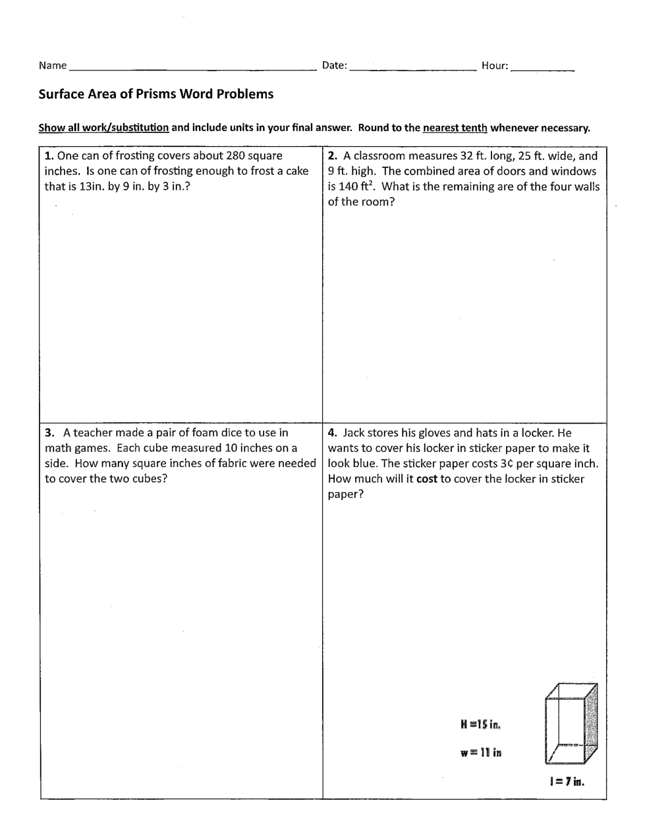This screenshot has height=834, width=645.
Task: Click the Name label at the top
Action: [53, 65]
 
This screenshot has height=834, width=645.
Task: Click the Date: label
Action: [334, 65]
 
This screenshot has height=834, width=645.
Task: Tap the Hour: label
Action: [495, 65]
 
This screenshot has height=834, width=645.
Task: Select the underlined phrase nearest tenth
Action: [455, 128]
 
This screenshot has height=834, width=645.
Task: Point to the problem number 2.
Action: [332, 156]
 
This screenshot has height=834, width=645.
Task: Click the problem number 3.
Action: [49, 433]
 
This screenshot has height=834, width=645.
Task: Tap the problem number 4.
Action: [332, 433]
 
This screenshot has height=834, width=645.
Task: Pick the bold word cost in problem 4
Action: [427, 479]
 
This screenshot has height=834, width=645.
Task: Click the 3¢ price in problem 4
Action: [507, 464]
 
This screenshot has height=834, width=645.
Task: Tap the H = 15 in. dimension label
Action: [481, 725]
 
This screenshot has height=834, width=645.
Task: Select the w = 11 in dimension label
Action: [481, 753]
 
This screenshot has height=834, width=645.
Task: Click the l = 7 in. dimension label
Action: [567, 782]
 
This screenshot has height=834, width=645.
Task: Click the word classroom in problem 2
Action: [379, 156]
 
